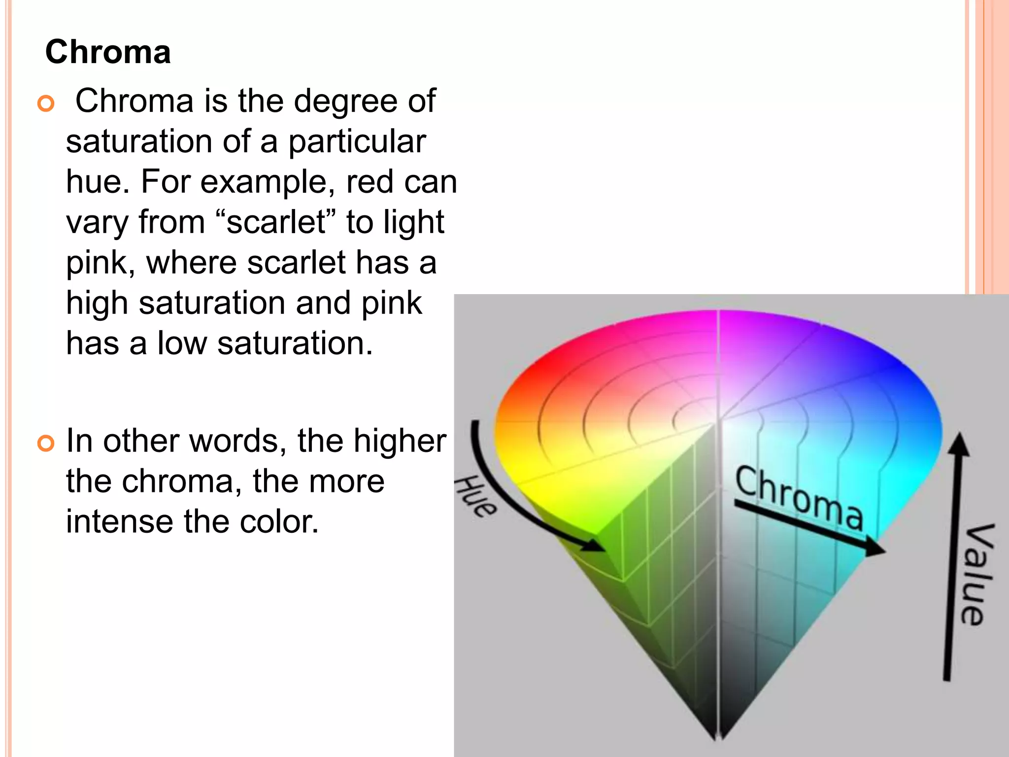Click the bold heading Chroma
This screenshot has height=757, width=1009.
[x=108, y=52]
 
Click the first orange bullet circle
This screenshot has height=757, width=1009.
[x=46, y=103]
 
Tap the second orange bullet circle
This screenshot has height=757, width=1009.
[x=46, y=444]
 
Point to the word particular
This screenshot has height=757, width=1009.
[x=357, y=142]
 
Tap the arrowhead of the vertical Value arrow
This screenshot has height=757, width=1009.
[x=958, y=444]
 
